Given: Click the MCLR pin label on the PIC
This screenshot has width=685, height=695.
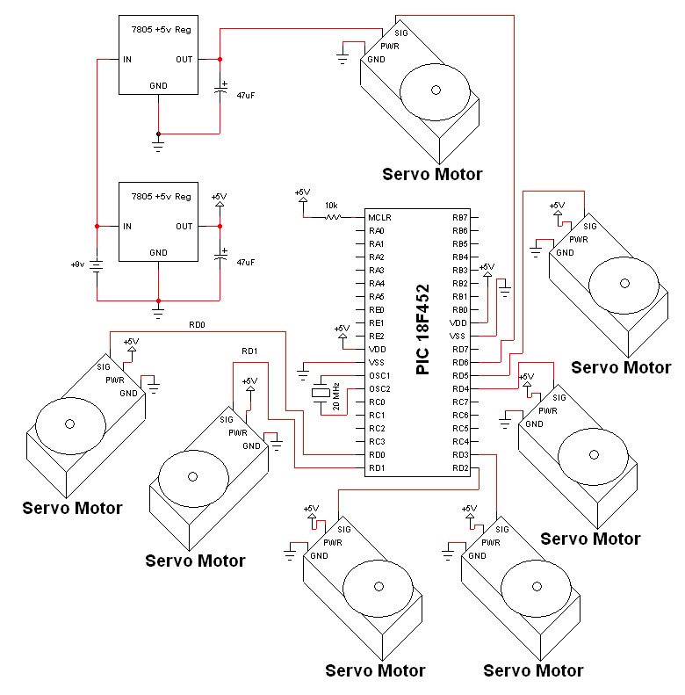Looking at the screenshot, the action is [x=379, y=218].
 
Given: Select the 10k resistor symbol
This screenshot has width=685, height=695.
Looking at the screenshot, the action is [x=333, y=217].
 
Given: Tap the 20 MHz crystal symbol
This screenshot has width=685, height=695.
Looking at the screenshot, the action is [x=321, y=393].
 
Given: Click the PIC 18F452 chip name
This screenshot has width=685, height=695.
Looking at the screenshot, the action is [x=423, y=329].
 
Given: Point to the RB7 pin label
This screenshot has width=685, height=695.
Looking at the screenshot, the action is [x=460, y=218].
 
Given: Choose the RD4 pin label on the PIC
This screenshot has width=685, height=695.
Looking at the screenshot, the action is [x=460, y=389].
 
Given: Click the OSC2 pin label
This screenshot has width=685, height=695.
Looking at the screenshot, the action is [x=379, y=389].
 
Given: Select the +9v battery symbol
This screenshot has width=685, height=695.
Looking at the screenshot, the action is [x=97, y=265].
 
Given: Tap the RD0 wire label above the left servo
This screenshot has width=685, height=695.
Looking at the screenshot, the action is [x=197, y=325].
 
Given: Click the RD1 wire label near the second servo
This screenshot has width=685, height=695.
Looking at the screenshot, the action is [x=249, y=351].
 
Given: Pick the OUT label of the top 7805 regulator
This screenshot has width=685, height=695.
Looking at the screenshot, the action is [x=184, y=60].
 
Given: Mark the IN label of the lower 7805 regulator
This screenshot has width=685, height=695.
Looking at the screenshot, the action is [x=127, y=227].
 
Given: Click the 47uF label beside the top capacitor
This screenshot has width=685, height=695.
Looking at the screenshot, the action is [x=246, y=95].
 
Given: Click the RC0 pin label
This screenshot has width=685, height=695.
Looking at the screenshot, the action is [x=377, y=402].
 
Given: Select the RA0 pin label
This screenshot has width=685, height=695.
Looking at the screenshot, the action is [x=377, y=231].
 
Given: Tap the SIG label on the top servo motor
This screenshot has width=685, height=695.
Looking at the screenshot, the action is [x=401, y=33].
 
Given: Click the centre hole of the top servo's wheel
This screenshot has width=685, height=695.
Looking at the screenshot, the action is [x=436, y=90].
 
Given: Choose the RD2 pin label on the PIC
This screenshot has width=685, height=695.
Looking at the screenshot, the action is [x=460, y=468].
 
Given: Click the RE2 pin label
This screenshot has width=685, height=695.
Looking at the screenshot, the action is [x=377, y=337].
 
